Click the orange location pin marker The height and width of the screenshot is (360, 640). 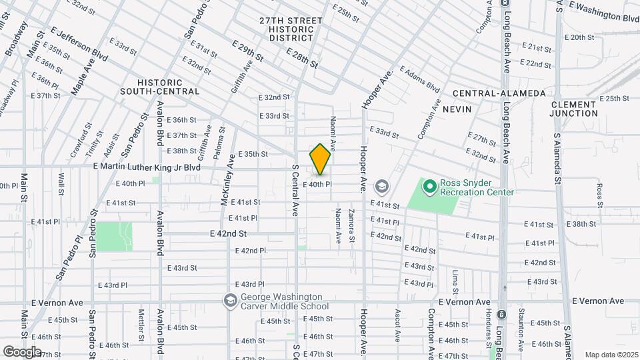coord(320,159)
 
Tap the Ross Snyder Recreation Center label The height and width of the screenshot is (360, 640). coord(475,187)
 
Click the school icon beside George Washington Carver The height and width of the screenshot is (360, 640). coord(231,301)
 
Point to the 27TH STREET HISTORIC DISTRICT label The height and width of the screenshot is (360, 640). coord(291,29)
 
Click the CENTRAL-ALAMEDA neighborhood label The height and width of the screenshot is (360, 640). coord(498,93)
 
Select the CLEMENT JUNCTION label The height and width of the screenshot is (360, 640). coord(574,109)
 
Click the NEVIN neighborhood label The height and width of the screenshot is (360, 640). coord(457,109)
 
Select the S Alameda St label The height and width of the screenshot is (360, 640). coord(557,159)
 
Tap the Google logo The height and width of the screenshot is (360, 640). coord(22,351)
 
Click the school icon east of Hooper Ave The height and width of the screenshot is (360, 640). coord(382,185)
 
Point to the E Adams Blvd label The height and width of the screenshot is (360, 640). coord(420,79)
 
